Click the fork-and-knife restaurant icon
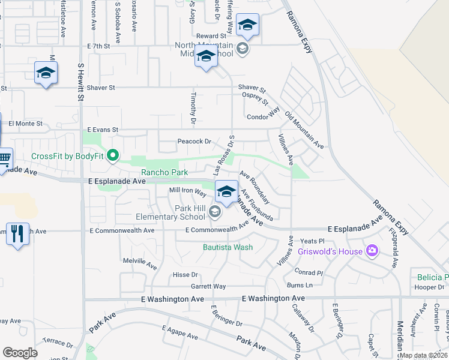pos(16,232)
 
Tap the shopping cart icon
pos(4,160)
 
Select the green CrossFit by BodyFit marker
pos(111,157)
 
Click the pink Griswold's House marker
pos(373,251)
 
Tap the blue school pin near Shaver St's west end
pos(45,73)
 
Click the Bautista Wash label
pos(228,247)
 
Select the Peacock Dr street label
pos(194,142)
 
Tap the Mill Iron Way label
pos(187,191)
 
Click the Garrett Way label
pos(208,287)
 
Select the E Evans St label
pos(103,130)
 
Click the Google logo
pos(20,353)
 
